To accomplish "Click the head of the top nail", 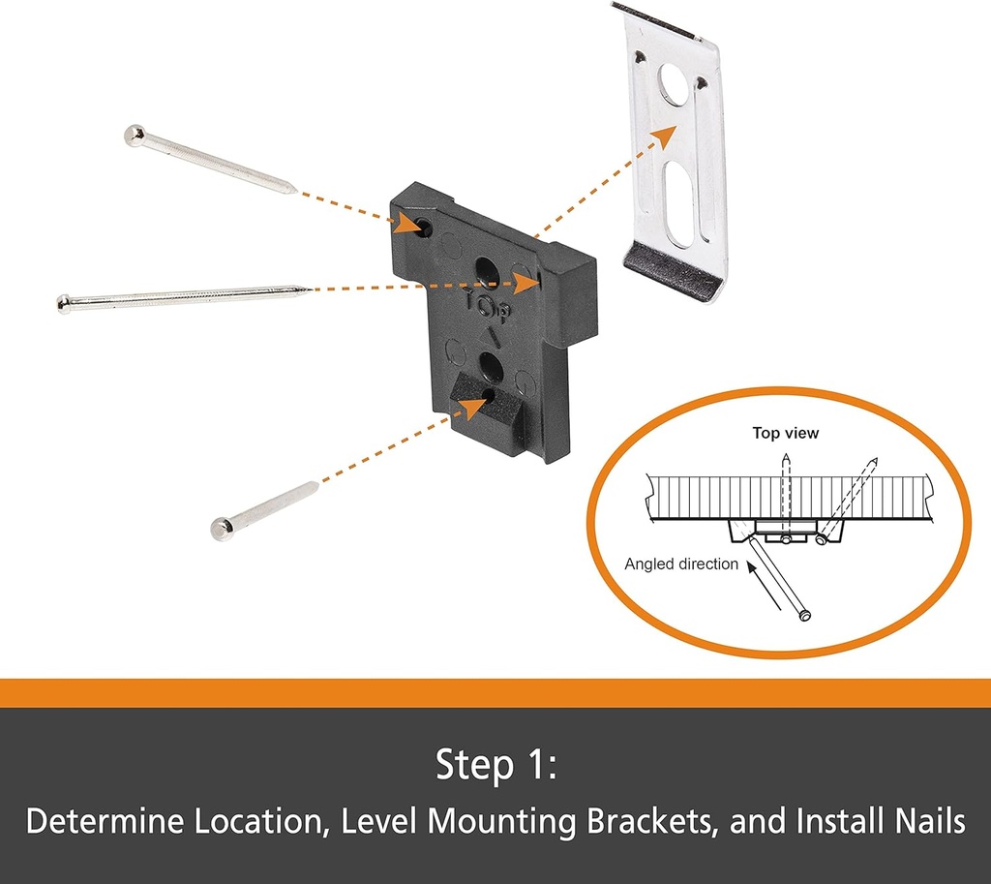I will click(135, 135).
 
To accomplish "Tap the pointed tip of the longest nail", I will click(308, 288).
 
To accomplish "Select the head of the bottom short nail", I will click(223, 529).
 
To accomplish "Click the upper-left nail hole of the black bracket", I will click(424, 228).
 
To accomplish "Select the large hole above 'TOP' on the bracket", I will click(486, 269).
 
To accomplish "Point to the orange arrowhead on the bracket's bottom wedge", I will click(471, 405).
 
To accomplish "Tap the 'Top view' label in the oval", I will click(785, 433).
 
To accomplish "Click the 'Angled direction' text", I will click(680, 564).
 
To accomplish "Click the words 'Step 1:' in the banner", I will click(495, 765).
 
